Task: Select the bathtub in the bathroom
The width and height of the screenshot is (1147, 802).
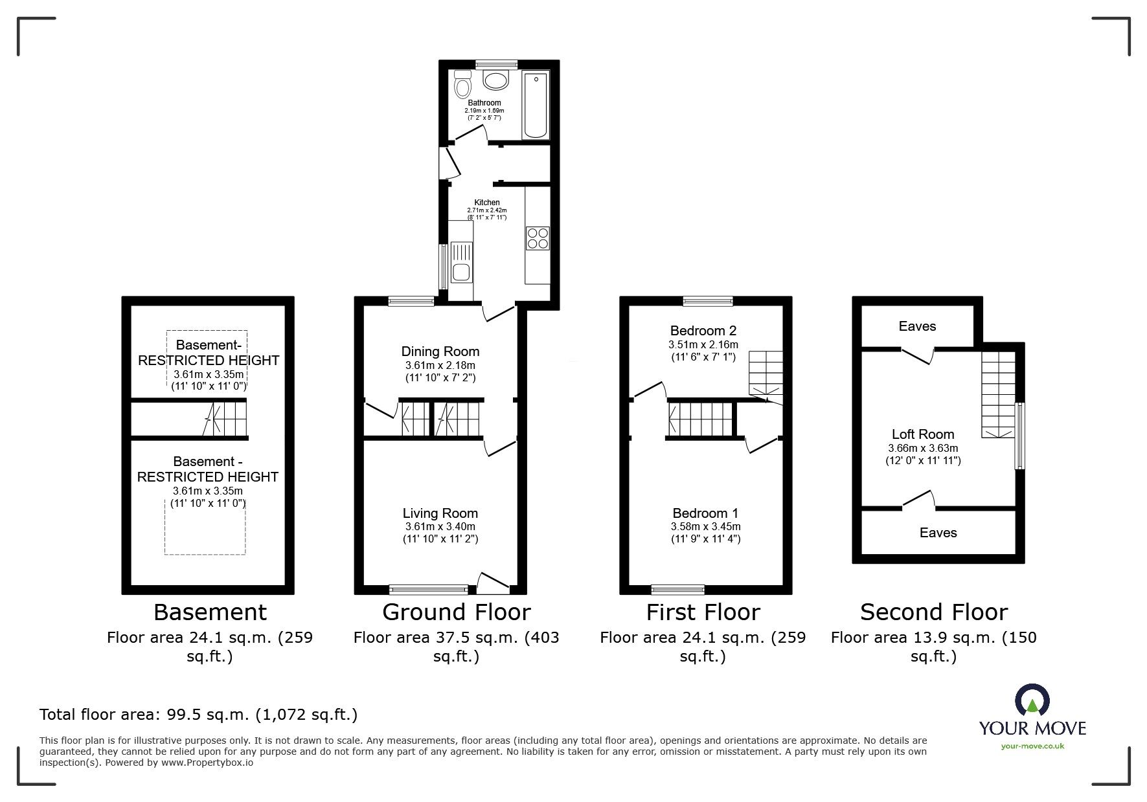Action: point(536,105)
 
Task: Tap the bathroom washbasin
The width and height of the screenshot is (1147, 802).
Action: point(497,82)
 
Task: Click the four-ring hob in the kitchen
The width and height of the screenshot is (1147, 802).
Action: point(538,238)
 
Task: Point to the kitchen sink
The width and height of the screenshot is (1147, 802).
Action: point(461,261)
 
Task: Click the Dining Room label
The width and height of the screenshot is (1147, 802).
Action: point(440,351)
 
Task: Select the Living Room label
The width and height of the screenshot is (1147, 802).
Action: point(440,513)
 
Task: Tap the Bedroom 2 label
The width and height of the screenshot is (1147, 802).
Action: point(703,331)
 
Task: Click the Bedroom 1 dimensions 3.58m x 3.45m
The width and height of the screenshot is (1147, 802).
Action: point(705,527)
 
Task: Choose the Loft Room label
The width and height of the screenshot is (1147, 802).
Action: point(923,434)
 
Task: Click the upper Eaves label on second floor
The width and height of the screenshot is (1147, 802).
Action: point(917,326)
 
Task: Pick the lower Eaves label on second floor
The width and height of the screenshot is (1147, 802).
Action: point(938,533)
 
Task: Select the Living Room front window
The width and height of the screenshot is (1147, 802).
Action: point(429,589)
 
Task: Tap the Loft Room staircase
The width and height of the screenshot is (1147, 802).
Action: point(998,395)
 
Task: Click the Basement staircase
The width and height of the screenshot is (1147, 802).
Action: point(227,419)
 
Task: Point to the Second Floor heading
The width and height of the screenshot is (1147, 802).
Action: point(933,612)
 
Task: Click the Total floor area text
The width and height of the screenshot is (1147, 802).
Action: point(198,715)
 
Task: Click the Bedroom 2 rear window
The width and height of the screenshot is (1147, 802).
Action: point(708,300)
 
